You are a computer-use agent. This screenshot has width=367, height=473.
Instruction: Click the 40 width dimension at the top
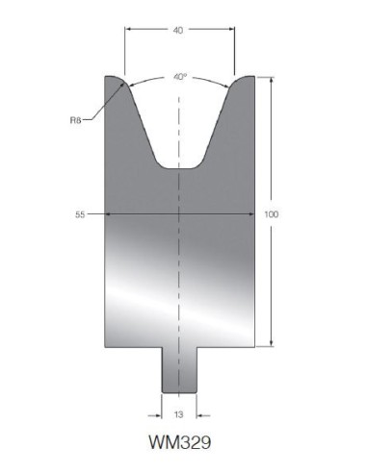178,30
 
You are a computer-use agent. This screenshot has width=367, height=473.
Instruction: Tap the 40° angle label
180,77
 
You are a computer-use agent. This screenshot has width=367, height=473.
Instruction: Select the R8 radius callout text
75,120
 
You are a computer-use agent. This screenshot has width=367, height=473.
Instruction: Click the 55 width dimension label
80,214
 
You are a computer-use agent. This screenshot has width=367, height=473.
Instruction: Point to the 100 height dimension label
272,214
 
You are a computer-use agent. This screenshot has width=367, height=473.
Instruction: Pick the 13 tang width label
178,414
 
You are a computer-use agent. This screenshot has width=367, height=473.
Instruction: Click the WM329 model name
180,442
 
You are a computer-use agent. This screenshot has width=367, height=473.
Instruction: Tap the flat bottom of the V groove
179,168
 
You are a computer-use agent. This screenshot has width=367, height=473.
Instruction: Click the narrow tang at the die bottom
179,370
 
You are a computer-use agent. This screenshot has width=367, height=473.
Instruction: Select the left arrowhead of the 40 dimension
128,29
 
